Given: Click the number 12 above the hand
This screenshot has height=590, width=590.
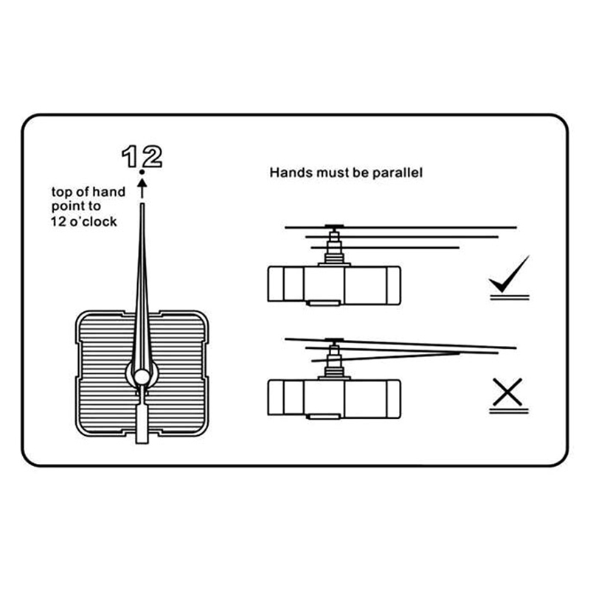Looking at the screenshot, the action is pos(142,156).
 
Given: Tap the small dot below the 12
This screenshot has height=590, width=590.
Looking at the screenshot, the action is pos(142,172).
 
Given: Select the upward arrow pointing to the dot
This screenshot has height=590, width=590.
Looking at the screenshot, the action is pos(142,188).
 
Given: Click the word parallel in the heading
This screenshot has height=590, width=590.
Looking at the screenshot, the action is pos(398,173).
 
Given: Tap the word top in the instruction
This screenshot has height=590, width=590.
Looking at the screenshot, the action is pos(61,192).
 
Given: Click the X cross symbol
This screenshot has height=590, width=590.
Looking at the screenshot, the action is pos(507,392).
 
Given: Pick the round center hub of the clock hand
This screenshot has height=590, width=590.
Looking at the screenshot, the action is pos(142,377).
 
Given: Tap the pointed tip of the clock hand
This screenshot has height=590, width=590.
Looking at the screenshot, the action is pos(142,205).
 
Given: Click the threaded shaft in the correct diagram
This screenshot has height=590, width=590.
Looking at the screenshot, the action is pos(334,246).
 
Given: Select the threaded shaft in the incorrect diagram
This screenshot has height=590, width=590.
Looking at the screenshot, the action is pos(334,359).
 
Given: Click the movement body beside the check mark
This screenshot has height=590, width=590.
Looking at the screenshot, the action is pos(334,284).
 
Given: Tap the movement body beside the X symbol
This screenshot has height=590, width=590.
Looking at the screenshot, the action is pos(334,398).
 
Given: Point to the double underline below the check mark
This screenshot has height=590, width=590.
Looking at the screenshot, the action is pos(510,298).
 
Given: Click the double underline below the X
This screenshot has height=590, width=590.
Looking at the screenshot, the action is pos(509,411).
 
